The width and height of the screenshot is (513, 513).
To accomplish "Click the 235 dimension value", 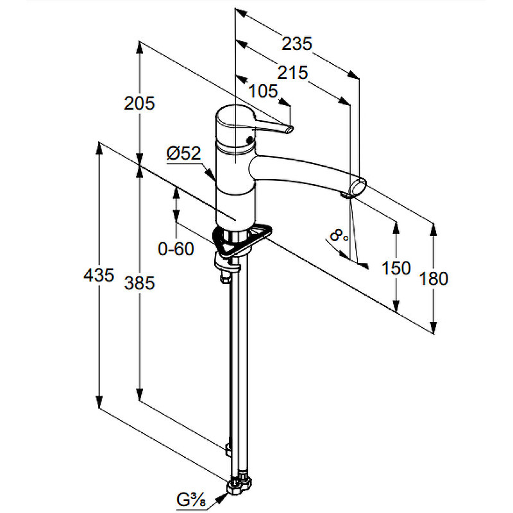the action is click(297, 44).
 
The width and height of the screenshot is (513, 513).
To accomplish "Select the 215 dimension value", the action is click(292, 72).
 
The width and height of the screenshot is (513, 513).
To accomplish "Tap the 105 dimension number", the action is click(264, 91).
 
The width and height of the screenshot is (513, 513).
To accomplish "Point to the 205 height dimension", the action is click(139, 103).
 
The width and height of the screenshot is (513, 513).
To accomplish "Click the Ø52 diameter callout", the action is click(183, 153).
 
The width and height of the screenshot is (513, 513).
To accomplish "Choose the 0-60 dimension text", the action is click(176, 249).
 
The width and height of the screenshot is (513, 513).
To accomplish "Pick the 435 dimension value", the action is click(99, 275).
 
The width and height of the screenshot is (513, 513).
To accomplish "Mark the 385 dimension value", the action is click(139, 283).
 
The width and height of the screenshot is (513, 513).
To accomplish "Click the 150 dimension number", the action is click(396, 268).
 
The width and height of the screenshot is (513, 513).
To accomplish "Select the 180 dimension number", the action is click(433, 279).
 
